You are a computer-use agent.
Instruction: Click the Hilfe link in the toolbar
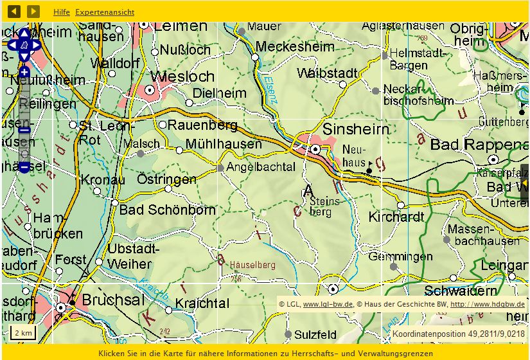(x=62, y=12)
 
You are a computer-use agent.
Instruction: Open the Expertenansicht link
(x=105, y=12)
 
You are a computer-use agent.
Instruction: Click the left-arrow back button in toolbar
(x=14, y=12)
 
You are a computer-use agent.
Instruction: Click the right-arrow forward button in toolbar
(x=33, y=12)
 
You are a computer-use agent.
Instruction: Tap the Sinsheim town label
(x=355, y=129)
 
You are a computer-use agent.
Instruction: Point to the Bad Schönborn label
(x=167, y=210)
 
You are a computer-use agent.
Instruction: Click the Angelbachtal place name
(x=261, y=167)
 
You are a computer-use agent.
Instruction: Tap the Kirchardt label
(x=396, y=217)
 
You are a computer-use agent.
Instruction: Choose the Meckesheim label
(x=294, y=47)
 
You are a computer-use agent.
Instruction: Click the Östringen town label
(x=166, y=179)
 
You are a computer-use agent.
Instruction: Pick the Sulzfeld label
(x=315, y=334)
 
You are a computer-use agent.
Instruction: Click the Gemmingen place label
(x=400, y=256)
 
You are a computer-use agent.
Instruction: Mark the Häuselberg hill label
(x=249, y=265)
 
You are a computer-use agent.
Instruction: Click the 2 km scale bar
(x=23, y=333)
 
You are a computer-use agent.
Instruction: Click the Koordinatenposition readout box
(x=458, y=334)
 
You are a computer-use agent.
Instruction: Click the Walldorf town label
(x=115, y=63)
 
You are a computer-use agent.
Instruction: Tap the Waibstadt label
(x=327, y=73)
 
